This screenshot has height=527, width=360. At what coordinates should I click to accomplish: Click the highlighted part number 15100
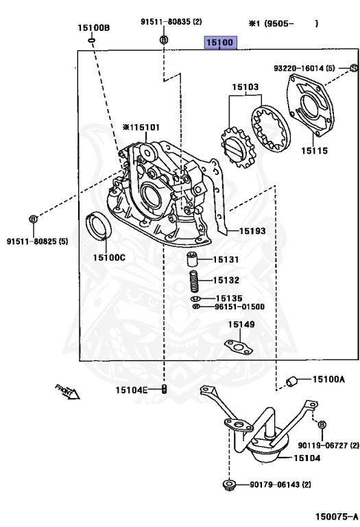click(220, 42)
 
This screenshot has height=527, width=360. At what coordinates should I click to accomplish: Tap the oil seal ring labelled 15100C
click(99, 226)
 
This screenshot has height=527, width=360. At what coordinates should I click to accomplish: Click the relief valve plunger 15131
click(192, 259)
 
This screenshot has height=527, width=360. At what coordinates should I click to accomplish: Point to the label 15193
click(252, 231)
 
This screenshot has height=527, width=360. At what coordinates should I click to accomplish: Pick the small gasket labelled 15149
click(239, 347)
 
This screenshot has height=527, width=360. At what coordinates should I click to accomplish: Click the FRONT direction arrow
click(67, 392)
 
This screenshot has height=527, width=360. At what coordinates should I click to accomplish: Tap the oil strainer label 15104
click(307, 458)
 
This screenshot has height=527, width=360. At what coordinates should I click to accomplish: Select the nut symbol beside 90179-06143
click(229, 484)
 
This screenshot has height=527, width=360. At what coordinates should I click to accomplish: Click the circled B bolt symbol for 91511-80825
click(33, 219)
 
